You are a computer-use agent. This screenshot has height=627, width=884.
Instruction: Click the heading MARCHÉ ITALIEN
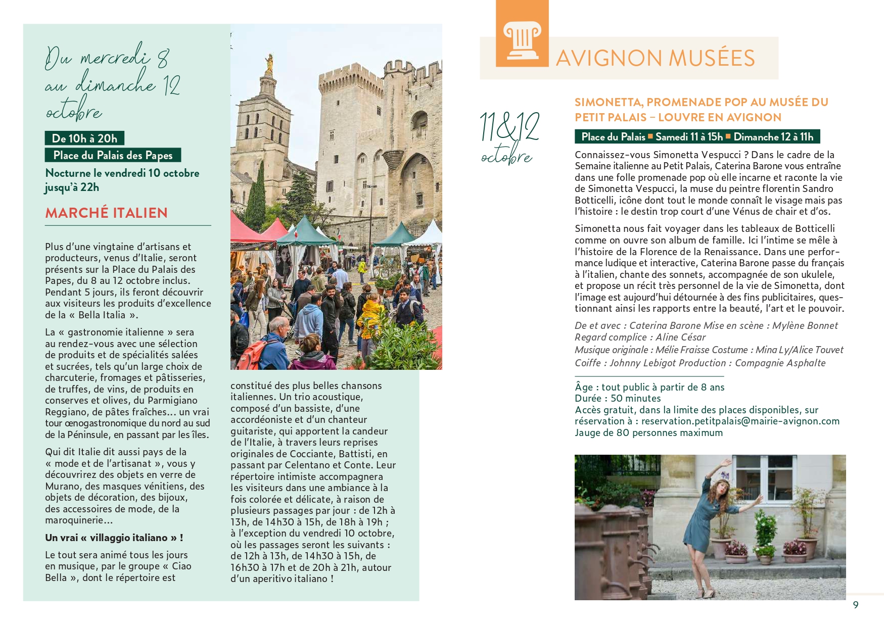pyautogui.click(x=106, y=213)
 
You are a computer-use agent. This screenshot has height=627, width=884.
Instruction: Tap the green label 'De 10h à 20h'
pyautogui.click(x=84, y=138)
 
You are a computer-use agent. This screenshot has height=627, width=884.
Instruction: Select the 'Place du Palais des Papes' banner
pyautogui.click(x=113, y=155)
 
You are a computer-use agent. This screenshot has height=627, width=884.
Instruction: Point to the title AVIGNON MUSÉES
pyautogui.click(x=655, y=58)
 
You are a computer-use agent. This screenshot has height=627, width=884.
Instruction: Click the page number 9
pyautogui.click(x=855, y=605)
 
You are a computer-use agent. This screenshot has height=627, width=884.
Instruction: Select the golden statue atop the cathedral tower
pyautogui.click(x=269, y=63)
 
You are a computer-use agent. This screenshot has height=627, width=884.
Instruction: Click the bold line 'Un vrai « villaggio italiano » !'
pyautogui.click(x=114, y=538)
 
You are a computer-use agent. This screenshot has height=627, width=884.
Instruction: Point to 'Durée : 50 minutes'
pyautogui.click(x=617, y=399)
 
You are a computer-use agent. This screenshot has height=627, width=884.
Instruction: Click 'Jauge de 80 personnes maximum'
pyautogui.click(x=648, y=433)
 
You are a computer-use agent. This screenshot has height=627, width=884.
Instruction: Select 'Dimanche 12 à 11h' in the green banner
pyautogui.click(x=773, y=137)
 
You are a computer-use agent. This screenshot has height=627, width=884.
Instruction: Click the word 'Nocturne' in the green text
pyautogui.click(x=68, y=173)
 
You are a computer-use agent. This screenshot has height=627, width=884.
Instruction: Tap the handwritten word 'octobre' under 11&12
pyautogui.click(x=506, y=157)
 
